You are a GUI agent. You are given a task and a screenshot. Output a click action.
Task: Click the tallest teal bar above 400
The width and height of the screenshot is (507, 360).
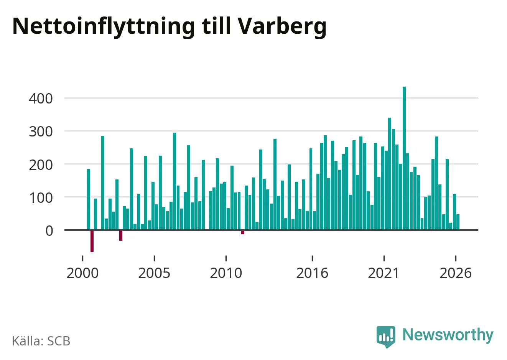tap(404, 158)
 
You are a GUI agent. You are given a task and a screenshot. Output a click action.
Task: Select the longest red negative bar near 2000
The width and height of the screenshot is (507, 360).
tap(92, 241)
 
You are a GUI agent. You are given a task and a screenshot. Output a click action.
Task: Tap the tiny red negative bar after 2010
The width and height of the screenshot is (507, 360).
tap(243, 232)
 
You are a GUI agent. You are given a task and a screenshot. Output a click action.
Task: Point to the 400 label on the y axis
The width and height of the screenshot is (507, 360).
tap(41, 99)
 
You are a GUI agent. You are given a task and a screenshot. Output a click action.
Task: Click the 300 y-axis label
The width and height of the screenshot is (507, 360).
tap(41, 132)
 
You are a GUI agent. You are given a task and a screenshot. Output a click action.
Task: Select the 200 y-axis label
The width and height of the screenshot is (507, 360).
tap(41, 165)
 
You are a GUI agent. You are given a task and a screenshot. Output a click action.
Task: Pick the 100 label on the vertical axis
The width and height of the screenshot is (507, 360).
tap(41, 198)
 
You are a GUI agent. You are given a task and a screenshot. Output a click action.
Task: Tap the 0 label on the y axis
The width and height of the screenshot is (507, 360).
tap(49, 231)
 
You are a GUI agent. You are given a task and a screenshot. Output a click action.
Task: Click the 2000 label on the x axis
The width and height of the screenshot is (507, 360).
tap(82, 273)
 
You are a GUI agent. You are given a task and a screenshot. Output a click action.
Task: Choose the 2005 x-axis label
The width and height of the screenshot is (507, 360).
tap(154, 273)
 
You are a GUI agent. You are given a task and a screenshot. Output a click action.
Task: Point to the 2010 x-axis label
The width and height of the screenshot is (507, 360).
tap(226, 273)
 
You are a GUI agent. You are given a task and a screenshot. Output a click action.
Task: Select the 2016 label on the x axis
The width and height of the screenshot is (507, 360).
tap(312, 273)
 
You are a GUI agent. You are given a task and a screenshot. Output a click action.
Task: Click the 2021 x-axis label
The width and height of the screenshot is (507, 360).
tap(384, 273)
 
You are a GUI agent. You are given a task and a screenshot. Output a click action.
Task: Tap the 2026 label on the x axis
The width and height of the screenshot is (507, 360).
tap(455, 273)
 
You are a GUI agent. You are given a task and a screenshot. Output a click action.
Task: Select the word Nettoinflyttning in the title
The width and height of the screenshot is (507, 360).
tap(104, 27)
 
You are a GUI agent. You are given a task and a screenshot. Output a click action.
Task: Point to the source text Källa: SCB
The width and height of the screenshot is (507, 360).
tap(41, 341)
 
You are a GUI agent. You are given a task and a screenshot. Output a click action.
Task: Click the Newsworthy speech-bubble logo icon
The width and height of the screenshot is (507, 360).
tap(386, 337)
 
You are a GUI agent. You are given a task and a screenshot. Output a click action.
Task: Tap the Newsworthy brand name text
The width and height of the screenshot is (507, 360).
tap(448, 335)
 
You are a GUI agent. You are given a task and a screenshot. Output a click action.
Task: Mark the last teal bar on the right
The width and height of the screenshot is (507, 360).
tap(458, 222)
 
